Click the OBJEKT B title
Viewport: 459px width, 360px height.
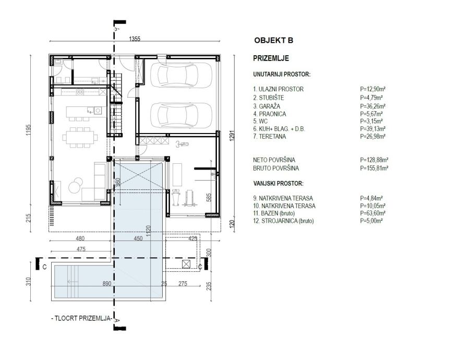[x=273, y=40]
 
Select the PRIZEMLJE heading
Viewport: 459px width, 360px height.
[x=271, y=58]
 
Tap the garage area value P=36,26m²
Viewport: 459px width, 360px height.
[x=372, y=106]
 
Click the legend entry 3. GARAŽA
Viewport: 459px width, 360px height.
[x=267, y=106]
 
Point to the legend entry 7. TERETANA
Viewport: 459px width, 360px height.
[x=269, y=136]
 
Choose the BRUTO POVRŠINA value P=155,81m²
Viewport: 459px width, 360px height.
[x=374, y=168]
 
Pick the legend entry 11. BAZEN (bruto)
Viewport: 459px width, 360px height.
[x=274, y=213]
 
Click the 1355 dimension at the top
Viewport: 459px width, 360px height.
[x=135, y=39]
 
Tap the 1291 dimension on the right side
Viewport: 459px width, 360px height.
[x=232, y=136]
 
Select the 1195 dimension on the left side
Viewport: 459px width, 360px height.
[x=28, y=130]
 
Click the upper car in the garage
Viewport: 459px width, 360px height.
[x=181, y=75]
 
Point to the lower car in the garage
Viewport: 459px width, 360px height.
[x=181, y=115]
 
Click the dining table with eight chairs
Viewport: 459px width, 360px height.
[x=80, y=137]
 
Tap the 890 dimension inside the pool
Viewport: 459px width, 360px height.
[x=107, y=283]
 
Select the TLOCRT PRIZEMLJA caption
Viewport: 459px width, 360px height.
[x=82, y=318]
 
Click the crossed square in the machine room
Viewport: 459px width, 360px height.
[x=186, y=264]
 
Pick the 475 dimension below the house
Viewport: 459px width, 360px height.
[x=81, y=249]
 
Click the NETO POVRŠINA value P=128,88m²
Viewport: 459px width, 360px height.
[x=374, y=160]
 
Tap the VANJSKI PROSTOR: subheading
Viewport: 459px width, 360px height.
[x=279, y=184]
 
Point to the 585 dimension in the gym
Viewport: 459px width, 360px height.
[x=209, y=197]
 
